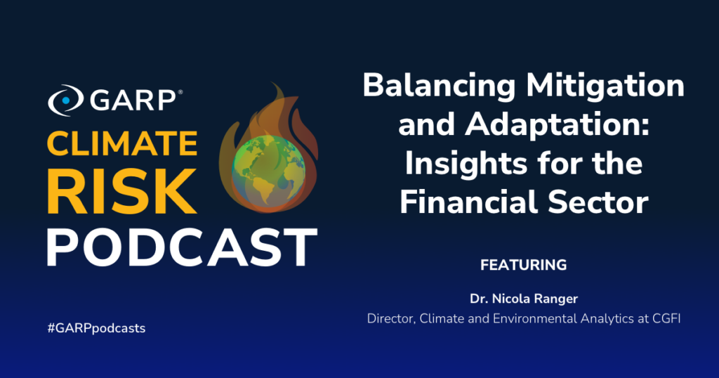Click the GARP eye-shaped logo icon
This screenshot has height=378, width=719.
pyautogui.click(x=65, y=100)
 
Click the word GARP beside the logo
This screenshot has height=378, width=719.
pyautogui.click(x=133, y=100)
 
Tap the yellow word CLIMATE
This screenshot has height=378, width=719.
pyautogui.click(x=122, y=143)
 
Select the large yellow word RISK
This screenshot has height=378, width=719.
pyautogui.click(x=121, y=192)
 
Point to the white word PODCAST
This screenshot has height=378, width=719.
pyautogui.click(x=182, y=247)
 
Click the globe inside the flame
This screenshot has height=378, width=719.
pyautogui.click(x=268, y=171)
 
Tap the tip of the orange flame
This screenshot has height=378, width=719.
pyautogui.click(x=273, y=84)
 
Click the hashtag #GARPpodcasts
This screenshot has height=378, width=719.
pyautogui.click(x=96, y=328)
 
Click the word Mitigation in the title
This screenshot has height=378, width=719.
pyautogui.click(x=605, y=86)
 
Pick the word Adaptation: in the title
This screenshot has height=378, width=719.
pyautogui.click(x=558, y=125)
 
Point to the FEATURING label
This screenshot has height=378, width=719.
pyautogui.click(x=524, y=265)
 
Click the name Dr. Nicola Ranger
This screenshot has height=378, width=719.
pyautogui.click(x=524, y=299)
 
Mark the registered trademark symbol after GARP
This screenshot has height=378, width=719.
pyautogui.click(x=180, y=92)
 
